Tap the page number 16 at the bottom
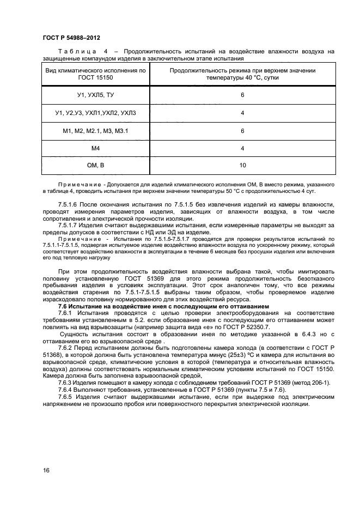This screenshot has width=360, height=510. pyautogui.click(x=46, y=470)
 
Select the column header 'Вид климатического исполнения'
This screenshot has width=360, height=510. pyautogui.click(x=95, y=74)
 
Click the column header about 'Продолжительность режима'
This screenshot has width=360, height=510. pyautogui.click(x=242, y=74)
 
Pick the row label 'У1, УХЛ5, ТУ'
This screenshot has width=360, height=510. pyautogui.click(x=95, y=95)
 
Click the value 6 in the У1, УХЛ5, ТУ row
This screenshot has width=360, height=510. pyautogui.click(x=242, y=95)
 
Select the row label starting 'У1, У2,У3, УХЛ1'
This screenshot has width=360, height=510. pyautogui.click(x=95, y=113)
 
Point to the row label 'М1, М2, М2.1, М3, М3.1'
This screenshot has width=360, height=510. pyautogui.click(x=95, y=131)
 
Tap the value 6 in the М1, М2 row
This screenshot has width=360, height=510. pyautogui.click(x=242, y=131)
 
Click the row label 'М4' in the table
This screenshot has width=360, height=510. pyautogui.click(x=95, y=148)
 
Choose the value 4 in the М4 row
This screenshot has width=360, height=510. pyautogui.click(x=242, y=148)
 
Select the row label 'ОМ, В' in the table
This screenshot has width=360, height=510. pyautogui.click(x=95, y=165)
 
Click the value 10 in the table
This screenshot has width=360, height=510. pyautogui.click(x=242, y=165)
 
